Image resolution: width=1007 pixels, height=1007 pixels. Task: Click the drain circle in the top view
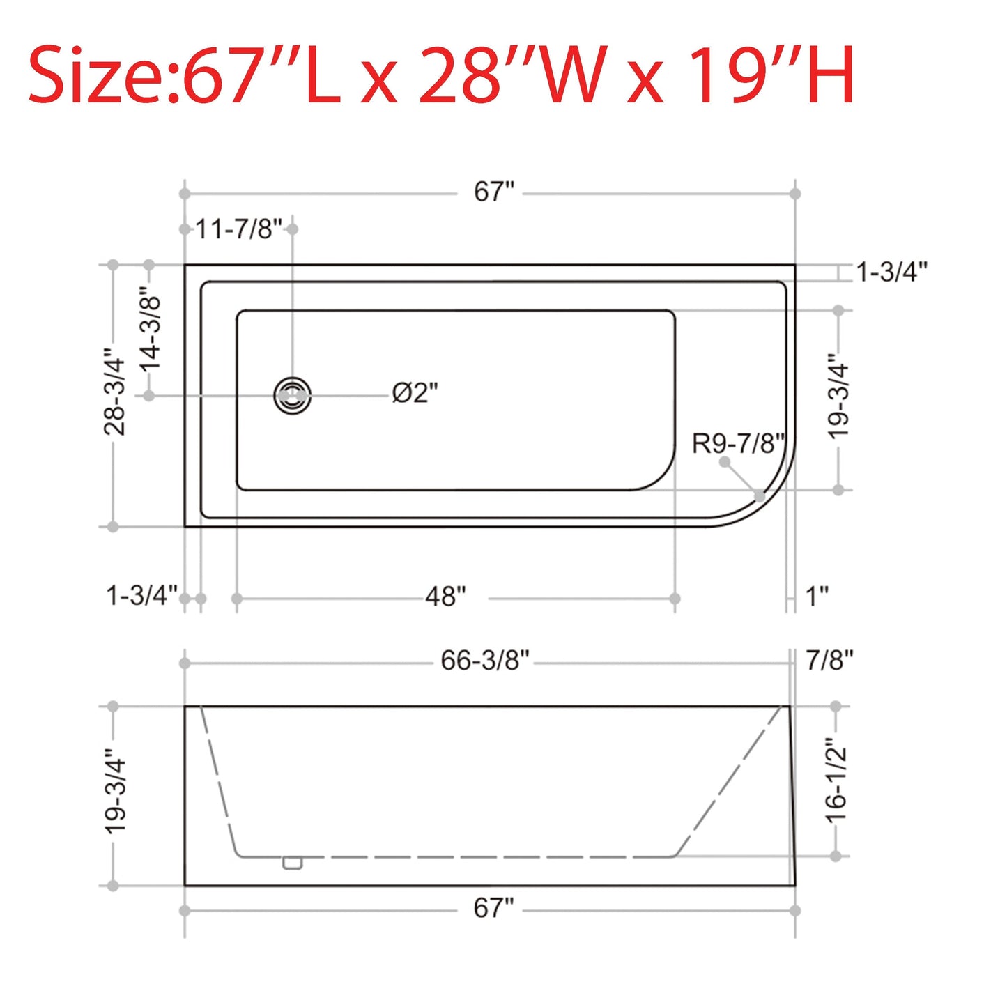click(292, 395)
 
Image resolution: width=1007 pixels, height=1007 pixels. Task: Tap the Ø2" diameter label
click(415, 394)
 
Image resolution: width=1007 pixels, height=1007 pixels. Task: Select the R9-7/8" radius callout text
click(738, 443)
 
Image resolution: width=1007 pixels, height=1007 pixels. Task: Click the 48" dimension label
click(445, 597)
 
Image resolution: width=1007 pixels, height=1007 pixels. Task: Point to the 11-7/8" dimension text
click(238, 229)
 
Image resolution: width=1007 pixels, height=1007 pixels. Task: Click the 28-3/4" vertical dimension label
click(114, 392)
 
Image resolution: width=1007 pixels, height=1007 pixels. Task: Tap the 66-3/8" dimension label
click(484, 661)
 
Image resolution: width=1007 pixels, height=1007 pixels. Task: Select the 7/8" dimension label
click(829, 661)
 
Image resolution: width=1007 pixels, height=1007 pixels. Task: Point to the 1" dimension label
click(817, 597)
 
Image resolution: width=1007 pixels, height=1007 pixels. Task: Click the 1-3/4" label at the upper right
click(891, 272)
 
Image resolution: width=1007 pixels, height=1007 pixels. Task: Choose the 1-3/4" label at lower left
click(141, 597)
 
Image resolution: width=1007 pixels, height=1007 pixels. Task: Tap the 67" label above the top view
click(493, 192)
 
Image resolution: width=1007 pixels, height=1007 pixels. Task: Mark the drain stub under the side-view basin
click(293, 863)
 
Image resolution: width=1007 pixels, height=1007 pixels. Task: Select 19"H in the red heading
click(771, 75)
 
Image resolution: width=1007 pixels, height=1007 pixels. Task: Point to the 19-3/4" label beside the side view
click(115, 792)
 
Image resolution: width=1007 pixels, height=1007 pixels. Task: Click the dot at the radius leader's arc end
click(759, 496)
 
